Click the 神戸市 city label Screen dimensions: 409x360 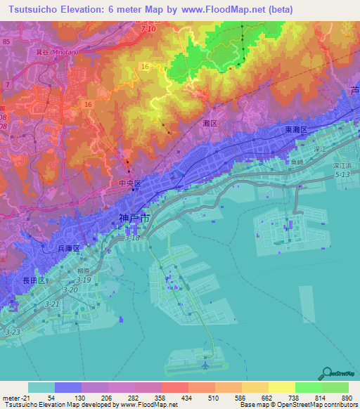[x=134, y=219]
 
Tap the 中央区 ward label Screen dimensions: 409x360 [x=130, y=183]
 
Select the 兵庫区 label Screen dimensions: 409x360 [x=68, y=249]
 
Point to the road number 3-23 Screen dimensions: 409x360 [x=13, y=331]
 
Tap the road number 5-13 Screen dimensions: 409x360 [x=342, y=174]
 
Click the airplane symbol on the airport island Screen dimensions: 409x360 [x=205, y=365]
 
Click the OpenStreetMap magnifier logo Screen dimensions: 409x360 [x=326, y=373]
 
